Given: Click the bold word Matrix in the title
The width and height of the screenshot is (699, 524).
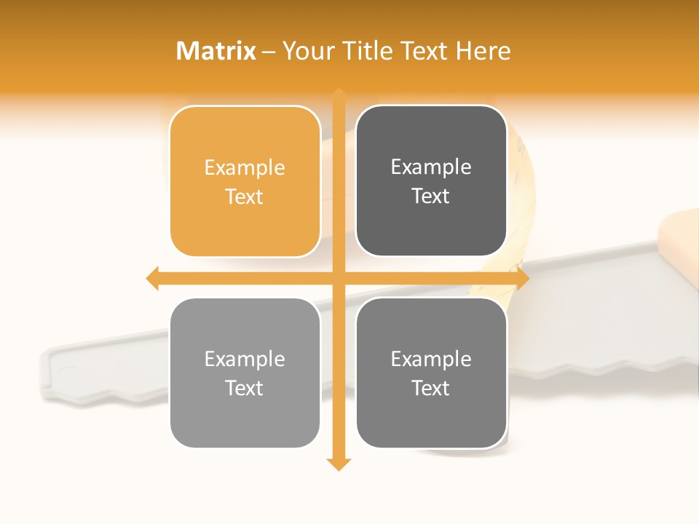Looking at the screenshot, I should [216, 51].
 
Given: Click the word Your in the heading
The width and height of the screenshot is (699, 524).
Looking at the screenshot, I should [305, 51].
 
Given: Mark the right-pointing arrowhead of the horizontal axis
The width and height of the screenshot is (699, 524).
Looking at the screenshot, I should [522, 278].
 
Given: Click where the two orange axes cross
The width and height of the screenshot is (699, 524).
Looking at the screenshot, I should [339, 278].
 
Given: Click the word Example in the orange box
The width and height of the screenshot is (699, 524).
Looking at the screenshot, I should [245, 168].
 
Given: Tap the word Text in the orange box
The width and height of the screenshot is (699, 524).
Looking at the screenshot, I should [245, 197].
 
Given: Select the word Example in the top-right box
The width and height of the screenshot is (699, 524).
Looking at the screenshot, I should [431, 167].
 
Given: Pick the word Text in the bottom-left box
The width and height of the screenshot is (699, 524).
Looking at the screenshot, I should [245, 388].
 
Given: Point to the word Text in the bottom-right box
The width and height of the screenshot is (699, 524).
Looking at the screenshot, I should [431, 388].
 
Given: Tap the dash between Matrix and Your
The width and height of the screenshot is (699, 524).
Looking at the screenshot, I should [269, 52].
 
